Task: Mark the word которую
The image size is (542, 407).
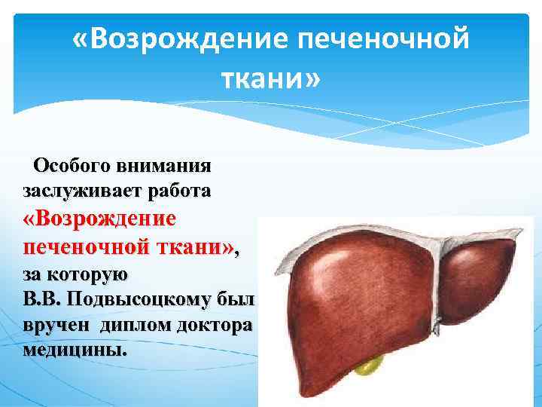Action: click(x=88, y=274)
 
